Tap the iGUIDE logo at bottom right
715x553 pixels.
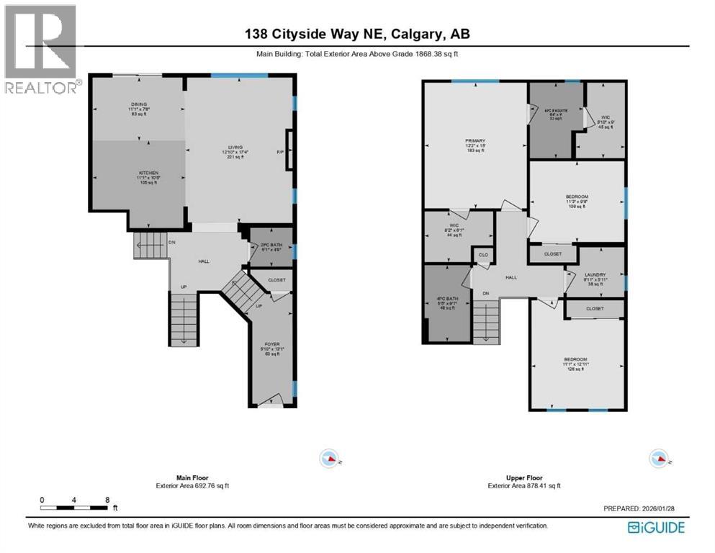[656, 527]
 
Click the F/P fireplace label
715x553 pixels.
[281, 152]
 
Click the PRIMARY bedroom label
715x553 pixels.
[475, 141]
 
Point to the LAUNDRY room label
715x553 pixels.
[595, 274]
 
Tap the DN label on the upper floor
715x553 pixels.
[486, 293]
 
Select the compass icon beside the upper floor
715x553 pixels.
[658, 458]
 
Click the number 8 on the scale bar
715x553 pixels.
[107, 499]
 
